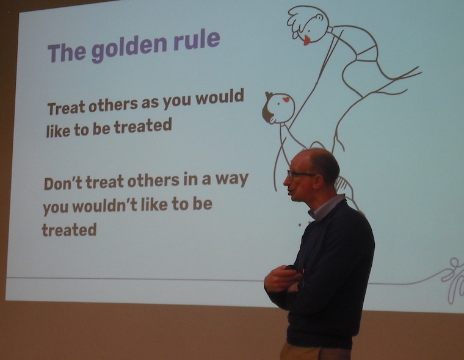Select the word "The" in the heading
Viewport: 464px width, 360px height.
pos(67,52)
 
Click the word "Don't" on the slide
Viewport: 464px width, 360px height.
pos(63,184)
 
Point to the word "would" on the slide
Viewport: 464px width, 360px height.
pos(220,96)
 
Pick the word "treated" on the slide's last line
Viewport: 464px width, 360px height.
pos(69,230)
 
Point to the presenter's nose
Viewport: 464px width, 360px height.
pos(286,181)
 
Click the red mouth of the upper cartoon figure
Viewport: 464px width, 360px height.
pos(307,40)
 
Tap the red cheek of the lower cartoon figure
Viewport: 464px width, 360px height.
pos(286,99)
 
